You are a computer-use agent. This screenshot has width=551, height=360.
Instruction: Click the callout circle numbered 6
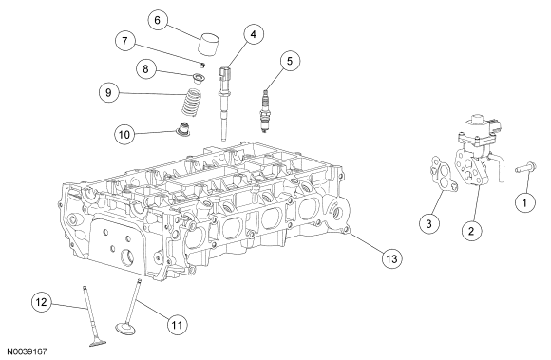coord(157,20)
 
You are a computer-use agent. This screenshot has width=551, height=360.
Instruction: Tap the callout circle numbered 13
coord(391,259)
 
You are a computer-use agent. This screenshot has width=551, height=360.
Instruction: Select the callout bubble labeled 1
coord(525,202)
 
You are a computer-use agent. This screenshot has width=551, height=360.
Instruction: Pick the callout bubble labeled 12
coord(42,302)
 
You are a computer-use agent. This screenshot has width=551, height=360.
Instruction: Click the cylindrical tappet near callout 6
coord(208,44)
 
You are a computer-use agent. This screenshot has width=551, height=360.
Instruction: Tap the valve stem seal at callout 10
coord(183,128)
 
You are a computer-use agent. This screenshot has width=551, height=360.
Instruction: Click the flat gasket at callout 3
coord(442,174)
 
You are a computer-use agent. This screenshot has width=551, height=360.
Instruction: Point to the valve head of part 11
coord(125,329)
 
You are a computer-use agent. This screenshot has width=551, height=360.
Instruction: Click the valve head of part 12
coord(98,344)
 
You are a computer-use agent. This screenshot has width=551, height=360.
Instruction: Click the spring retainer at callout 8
coord(199,77)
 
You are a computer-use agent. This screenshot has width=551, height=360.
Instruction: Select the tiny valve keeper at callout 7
coord(202,65)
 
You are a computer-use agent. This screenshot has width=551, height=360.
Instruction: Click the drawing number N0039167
coord(27,351)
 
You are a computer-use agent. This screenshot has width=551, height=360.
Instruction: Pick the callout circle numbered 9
coord(108,92)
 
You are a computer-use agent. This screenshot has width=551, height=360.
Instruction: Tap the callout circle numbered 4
coord(254,34)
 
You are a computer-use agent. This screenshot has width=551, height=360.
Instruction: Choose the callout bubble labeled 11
coord(177,325)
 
